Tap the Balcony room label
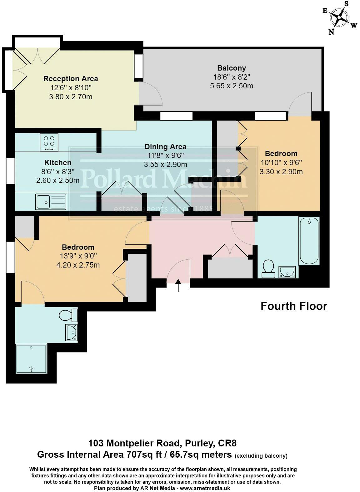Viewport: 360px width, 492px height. tap(232, 68)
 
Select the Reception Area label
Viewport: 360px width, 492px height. tap(71, 79)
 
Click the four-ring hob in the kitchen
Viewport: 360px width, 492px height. tap(49, 142)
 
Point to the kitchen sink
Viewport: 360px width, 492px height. tap(51, 201)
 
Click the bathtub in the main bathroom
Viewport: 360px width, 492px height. tap(309, 241)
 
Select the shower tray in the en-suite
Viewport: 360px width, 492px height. tap(31, 358)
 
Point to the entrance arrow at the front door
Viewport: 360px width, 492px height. tap(178, 285)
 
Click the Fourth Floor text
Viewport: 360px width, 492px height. tap(294, 306)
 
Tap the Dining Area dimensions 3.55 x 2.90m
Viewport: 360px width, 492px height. tap(166, 165)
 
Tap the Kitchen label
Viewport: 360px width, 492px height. tap(58, 163)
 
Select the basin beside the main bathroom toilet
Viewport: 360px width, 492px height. tap(287, 272)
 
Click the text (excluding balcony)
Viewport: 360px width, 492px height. tap(261, 455)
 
